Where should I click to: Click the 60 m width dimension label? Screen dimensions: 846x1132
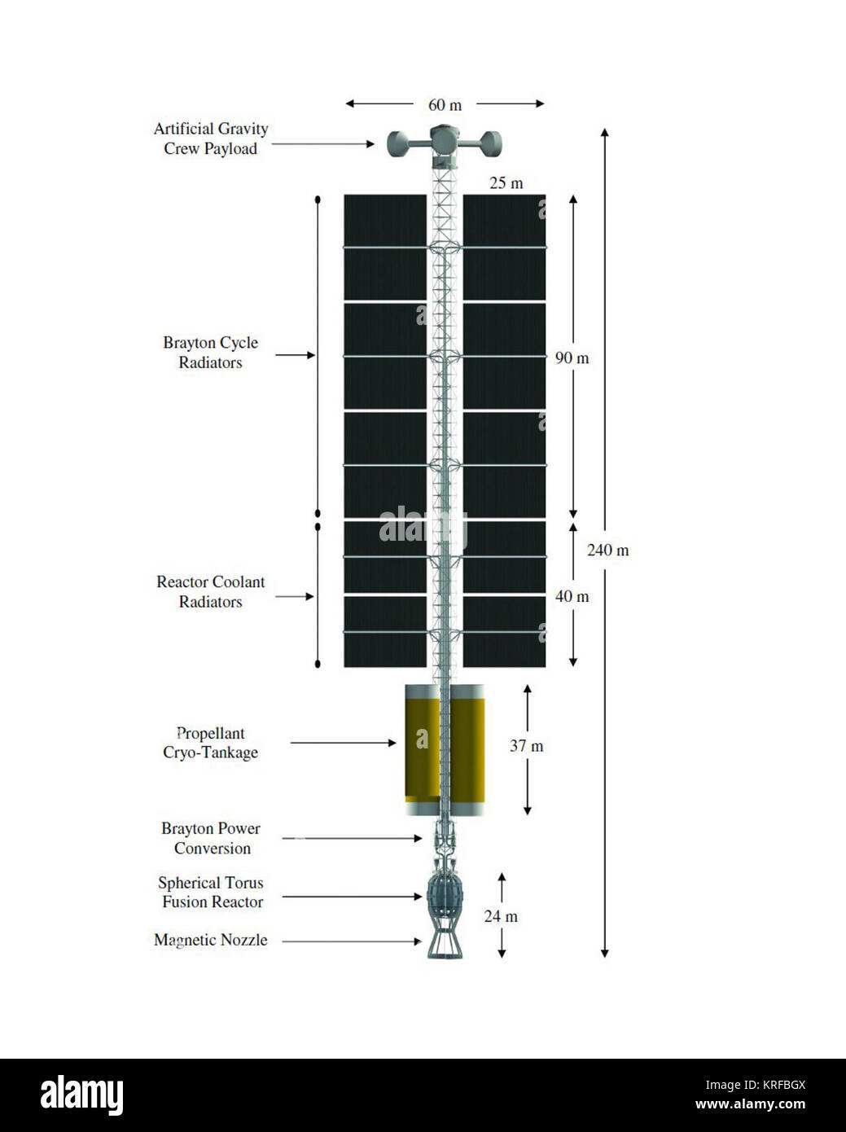coord(445,105)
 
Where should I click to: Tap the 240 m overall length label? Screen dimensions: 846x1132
coord(607,551)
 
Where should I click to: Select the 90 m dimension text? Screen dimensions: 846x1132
coord(572,358)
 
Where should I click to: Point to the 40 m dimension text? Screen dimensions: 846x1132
coord(572,597)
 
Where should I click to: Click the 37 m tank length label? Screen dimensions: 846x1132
coord(526,746)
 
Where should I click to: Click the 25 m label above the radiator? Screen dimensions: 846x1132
coord(506,183)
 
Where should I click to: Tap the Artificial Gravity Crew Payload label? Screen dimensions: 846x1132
coord(211,138)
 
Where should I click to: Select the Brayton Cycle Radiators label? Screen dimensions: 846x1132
coord(210,353)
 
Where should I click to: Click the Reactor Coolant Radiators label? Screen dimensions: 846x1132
coord(210,591)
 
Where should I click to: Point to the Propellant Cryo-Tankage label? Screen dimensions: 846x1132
coord(210,743)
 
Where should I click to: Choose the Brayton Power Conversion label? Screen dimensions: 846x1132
coord(211,838)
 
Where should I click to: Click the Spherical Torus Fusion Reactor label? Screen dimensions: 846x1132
coord(211,893)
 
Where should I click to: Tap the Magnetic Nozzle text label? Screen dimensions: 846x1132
coord(211,940)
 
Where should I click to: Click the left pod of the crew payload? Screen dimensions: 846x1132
coord(397,144)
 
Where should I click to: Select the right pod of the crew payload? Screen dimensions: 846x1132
coord(490,144)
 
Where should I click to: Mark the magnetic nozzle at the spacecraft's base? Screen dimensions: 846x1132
coord(445,942)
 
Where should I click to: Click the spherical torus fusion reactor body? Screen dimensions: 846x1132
coord(445,897)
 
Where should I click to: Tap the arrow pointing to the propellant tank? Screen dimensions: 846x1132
coord(343,743)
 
